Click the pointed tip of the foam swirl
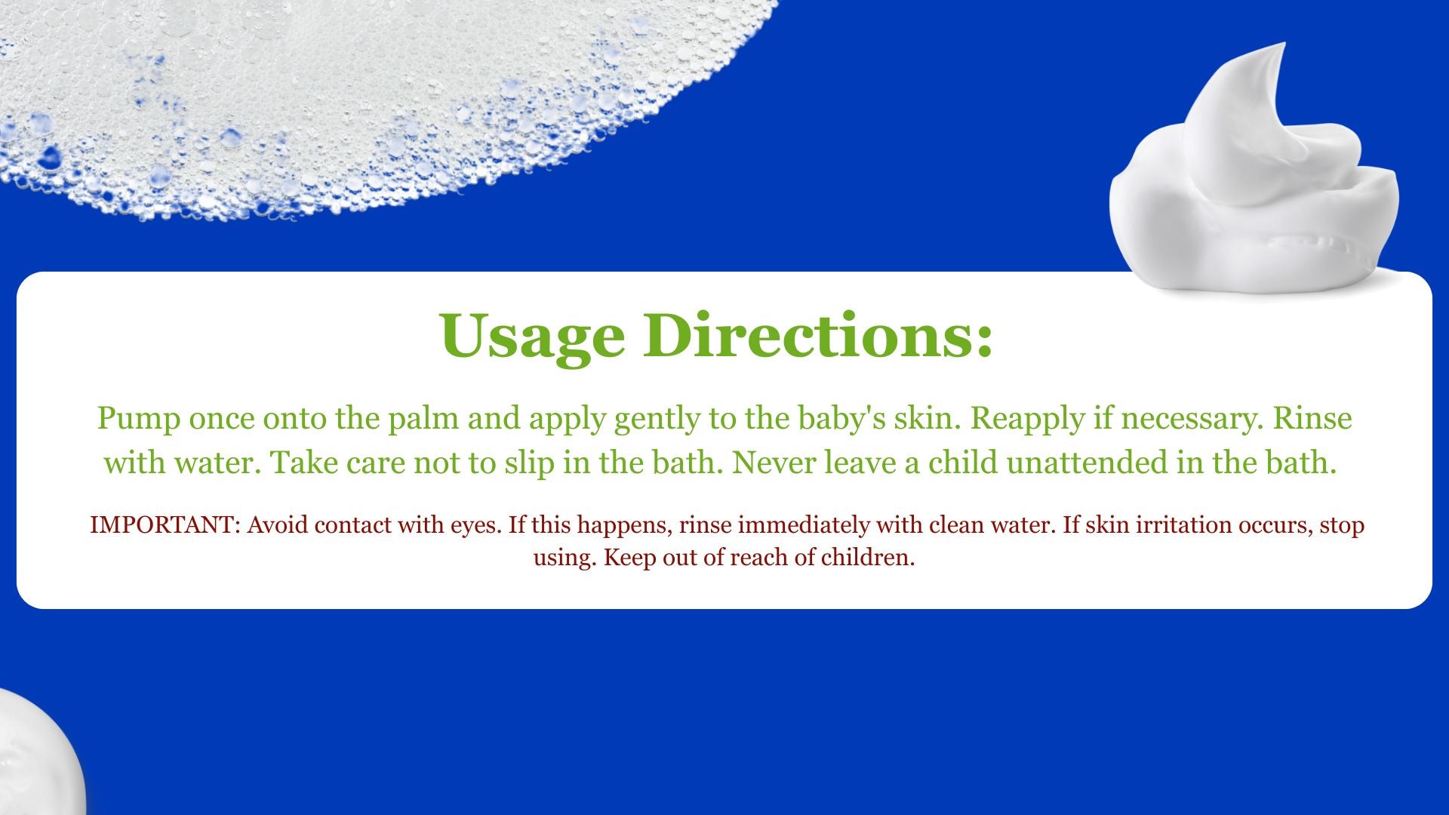pyautogui.click(x=1283, y=45)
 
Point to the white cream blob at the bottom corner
pyautogui.click(x=38, y=755)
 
